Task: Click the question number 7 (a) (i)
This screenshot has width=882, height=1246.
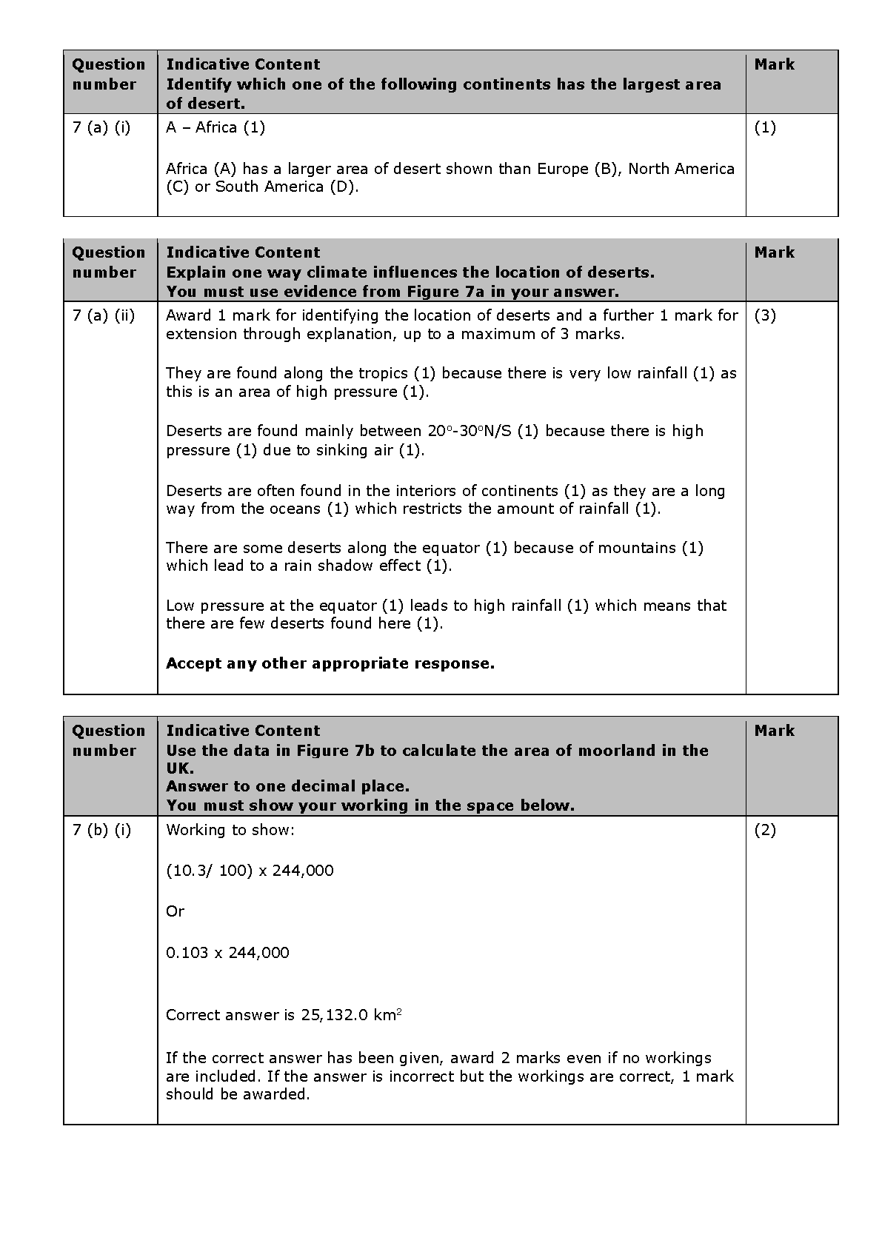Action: pos(101,127)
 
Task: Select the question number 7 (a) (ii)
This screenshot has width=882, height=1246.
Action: pos(104,315)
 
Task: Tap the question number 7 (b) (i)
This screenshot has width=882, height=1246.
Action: pos(102,830)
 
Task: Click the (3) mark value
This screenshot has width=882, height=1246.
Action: pos(765,315)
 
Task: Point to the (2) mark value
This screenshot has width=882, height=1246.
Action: pos(765,830)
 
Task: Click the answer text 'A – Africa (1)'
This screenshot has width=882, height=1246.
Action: pos(216,127)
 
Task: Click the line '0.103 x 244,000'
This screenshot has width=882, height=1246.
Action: pos(227,953)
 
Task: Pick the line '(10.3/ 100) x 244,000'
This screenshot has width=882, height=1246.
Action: pos(250,871)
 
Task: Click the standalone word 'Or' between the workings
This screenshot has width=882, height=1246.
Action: pos(175,911)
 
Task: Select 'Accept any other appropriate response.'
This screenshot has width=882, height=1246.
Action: pos(330,663)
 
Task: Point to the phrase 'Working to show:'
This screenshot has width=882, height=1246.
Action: pos(230,830)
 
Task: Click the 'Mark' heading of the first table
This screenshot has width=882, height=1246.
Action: pos(775,64)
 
